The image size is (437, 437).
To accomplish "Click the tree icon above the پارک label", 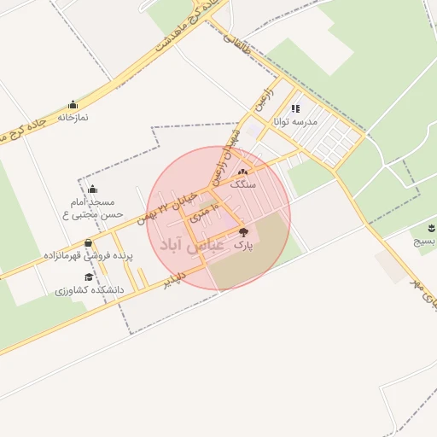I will coord(243,232).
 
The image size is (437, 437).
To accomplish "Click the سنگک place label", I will coord(243,184).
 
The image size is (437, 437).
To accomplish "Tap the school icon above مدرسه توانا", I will coord(295,109).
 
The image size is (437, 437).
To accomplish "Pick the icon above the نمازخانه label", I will coord(73,105).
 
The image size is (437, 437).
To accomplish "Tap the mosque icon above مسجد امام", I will coord(92,189).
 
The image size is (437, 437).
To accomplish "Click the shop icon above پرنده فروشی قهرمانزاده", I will coord(88,242).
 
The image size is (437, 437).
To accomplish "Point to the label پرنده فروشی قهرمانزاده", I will coord(88,255).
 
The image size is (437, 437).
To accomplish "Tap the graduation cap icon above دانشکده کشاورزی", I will coord(90,277).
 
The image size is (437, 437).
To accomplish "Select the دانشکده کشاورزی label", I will coord(90,290).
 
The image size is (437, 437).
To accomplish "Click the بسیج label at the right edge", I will coord(425,242).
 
